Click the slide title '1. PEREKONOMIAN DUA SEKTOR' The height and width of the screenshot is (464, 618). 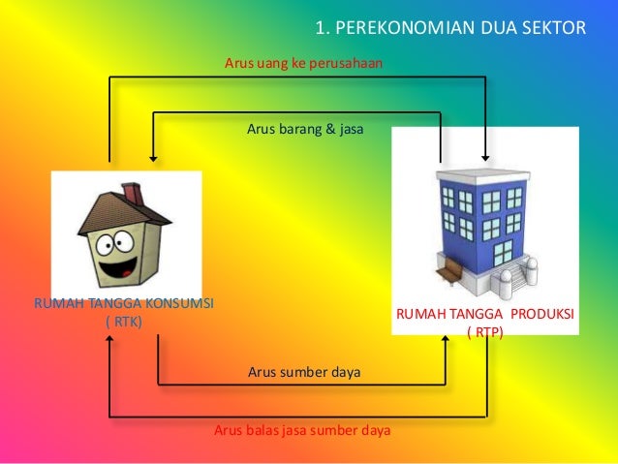coord(451,26)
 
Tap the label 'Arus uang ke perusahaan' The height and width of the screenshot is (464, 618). coord(303,64)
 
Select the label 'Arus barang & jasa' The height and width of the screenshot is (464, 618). coord(304,128)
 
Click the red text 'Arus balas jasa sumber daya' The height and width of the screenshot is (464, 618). coord(302,430)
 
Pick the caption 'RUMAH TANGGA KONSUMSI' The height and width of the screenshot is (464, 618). coord(124,304)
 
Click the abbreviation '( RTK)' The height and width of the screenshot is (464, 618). coord(123,322)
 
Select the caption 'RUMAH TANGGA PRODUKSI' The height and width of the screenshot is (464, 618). coord(484,316)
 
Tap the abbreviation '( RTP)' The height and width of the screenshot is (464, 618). coord(484,332)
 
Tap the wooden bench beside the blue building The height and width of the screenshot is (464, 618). coord(448,275)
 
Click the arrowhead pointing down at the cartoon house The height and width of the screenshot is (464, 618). coord(152,152)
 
